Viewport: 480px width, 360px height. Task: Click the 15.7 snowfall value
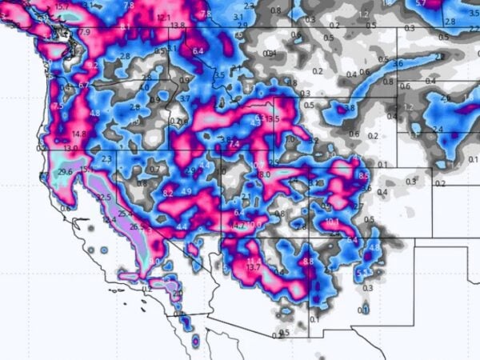pos(62,6)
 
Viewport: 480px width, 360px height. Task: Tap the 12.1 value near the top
pos(164,18)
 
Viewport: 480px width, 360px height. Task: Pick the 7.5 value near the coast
pos(57,106)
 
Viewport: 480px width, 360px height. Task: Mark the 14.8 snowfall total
pos(78,134)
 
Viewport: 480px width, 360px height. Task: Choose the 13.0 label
pos(71,148)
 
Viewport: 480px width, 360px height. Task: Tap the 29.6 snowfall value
pos(65,171)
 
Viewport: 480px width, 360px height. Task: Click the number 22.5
pos(103,197)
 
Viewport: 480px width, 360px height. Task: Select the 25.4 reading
pos(125,214)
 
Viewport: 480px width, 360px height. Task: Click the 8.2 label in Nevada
pos(168,194)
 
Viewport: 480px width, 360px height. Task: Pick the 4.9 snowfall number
pos(186,191)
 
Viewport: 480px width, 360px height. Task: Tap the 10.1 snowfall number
pos(330,221)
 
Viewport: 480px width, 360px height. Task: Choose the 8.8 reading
pos(309,262)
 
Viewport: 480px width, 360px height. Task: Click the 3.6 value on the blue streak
pos(398,63)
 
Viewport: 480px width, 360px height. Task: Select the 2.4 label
pos(438,129)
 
